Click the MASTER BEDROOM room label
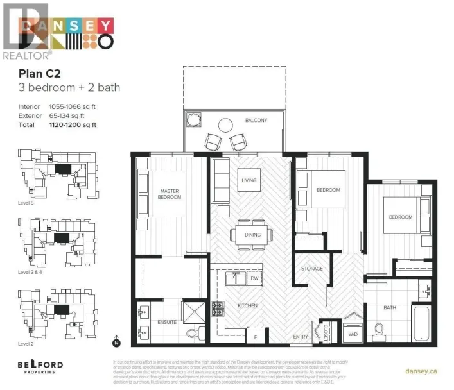pyautogui.click(x=170, y=193)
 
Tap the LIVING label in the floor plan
pyautogui.click(x=249, y=180)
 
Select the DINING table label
pyautogui.click(x=252, y=234)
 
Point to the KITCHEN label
pyautogui.click(x=247, y=306)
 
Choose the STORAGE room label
pyautogui.click(x=311, y=268)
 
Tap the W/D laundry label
pyautogui.click(x=353, y=333)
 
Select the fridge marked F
pyautogui.click(x=255, y=336)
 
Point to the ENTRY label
pyautogui.click(x=300, y=336)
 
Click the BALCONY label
pyautogui.click(x=256, y=121)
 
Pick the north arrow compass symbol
pyautogui.click(x=116, y=341)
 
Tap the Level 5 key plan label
pyautogui.click(x=26, y=202)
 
